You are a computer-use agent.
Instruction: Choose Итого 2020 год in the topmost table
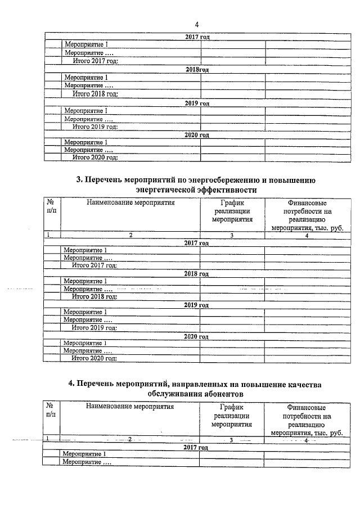coord(94,158)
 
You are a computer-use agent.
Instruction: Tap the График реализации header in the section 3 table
coord(232,211)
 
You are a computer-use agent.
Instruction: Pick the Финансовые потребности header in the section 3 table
coord(307,215)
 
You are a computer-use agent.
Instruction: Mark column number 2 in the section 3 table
coord(130,235)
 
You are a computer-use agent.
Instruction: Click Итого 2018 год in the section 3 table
coord(94,296)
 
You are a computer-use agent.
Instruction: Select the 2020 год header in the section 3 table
coord(197,336)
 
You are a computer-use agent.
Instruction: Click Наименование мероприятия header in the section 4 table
coord(130,406)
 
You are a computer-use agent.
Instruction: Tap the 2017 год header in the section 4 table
coord(197,447)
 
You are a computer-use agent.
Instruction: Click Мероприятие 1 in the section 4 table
coord(85,454)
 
